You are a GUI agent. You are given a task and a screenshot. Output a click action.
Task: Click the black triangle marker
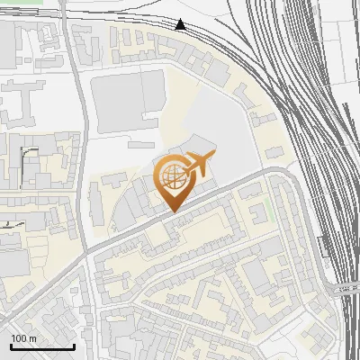181,24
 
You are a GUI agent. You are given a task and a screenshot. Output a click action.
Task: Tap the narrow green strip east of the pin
268,212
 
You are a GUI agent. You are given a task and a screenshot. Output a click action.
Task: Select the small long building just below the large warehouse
142,143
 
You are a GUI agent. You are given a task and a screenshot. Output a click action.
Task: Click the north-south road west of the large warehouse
82,135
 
